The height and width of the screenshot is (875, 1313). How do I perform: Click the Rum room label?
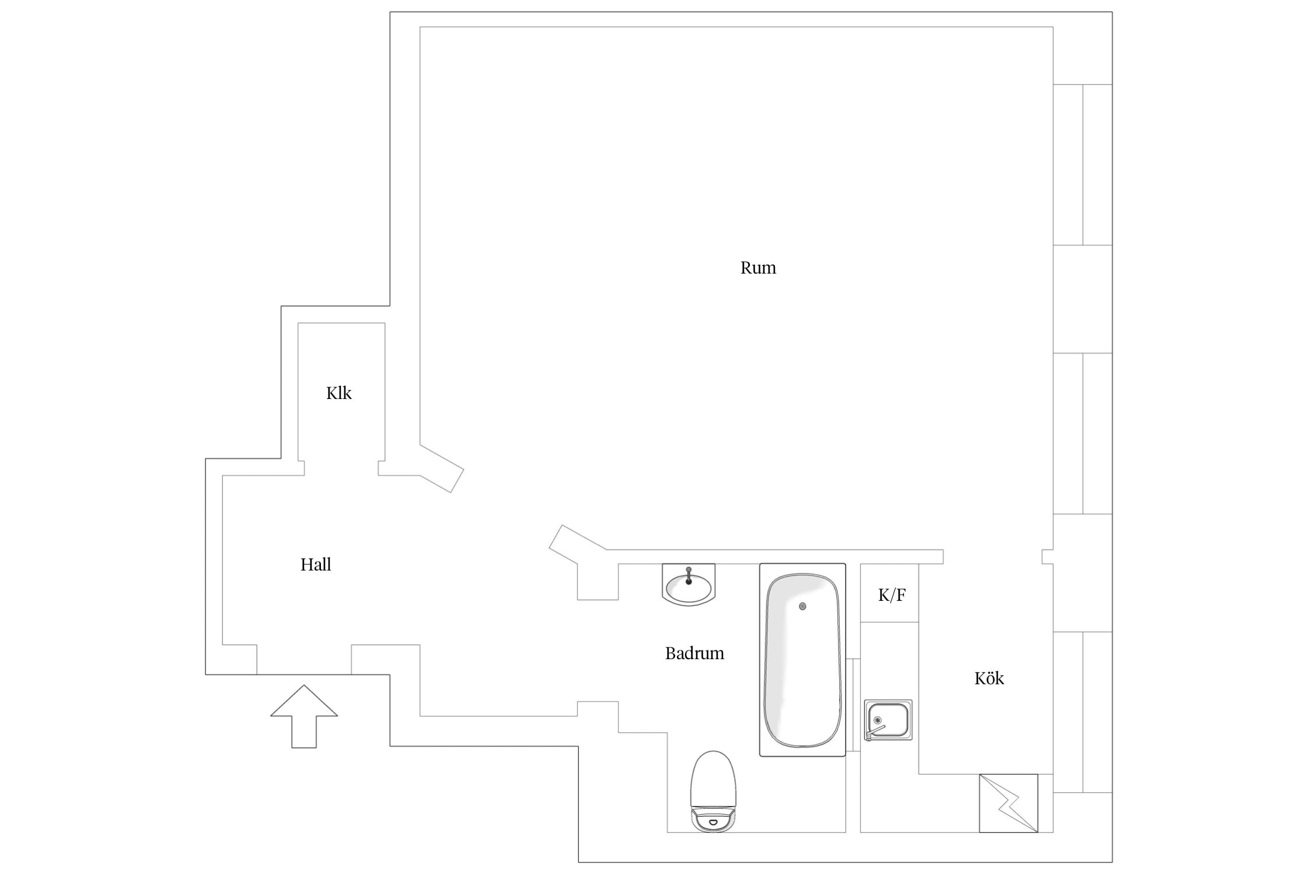(758, 268)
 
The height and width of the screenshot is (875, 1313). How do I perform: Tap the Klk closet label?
(338, 393)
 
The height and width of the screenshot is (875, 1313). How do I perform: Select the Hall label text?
(316, 564)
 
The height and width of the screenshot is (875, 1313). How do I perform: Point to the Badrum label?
(694, 653)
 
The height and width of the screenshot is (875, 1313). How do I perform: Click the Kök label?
(989, 678)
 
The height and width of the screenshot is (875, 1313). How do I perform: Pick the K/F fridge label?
(892, 595)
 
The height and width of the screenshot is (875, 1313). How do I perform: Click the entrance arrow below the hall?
(304, 716)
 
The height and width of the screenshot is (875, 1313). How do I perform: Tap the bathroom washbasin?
(689, 584)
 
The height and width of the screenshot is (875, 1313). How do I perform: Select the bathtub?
(802, 660)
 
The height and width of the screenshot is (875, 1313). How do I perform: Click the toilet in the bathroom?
(713, 791)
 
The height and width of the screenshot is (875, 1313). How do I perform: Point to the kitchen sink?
(888, 720)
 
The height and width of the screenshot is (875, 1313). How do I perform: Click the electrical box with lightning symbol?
(1008, 803)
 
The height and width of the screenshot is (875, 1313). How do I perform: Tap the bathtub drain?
(802, 607)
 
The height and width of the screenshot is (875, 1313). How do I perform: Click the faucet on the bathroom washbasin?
(689, 575)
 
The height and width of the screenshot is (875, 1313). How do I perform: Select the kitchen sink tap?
(875, 731)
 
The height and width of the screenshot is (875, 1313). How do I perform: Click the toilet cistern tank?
(713, 820)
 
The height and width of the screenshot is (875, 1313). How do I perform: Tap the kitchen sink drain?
(877, 719)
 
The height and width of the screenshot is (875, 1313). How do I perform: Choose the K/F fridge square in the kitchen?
(889, 593)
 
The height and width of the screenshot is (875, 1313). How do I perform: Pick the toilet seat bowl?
(713, 779)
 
